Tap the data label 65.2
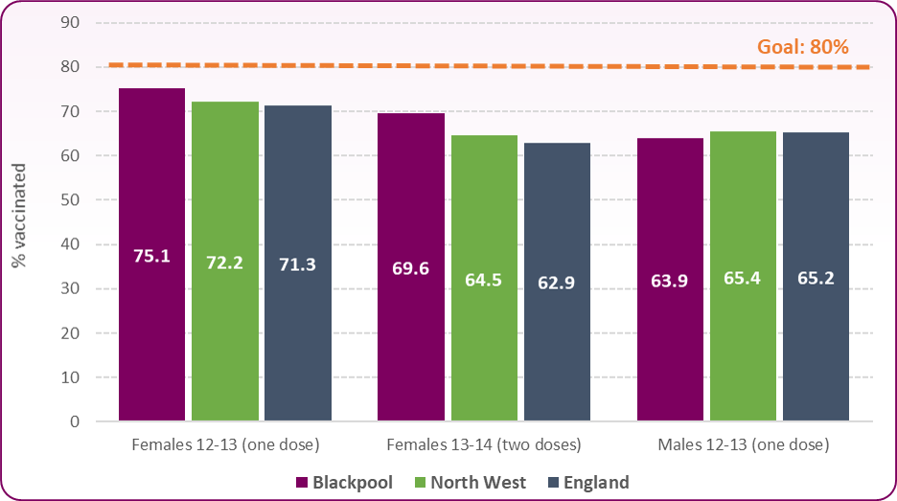click(x=816, y=279)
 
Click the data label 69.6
click(x=411, y=268)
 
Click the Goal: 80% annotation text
click(x=803, y=47)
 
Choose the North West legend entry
click(x=470, y=482)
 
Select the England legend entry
click(x=588, y=482)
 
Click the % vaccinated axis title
click(x=20, y=221)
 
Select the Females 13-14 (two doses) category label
click(x=484, y=445)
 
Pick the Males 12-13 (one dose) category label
click(x=743, y=445)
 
